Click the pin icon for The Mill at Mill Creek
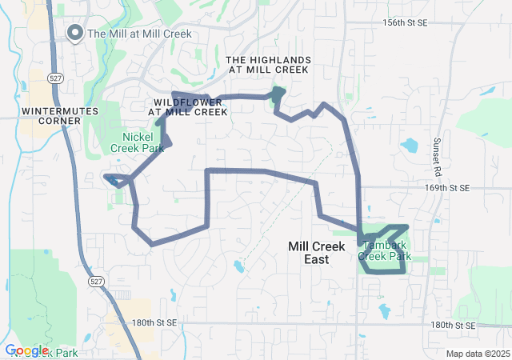[x=75, y=33]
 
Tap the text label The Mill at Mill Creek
[x=137, y=34]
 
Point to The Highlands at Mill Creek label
[x=267, y=65]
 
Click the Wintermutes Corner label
[x=51, y=115]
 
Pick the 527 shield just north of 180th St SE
[x=96, y=282]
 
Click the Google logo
[x=27, y=350]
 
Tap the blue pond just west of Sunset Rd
[x=409, y=146]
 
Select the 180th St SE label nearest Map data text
[x=452, y=326]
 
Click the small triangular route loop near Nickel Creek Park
[x=116, y=179]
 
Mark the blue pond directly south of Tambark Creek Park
[x=383, y=310]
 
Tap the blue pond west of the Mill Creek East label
[x=238, y=265]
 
